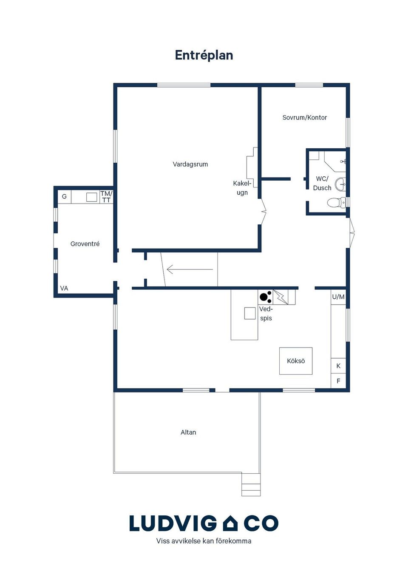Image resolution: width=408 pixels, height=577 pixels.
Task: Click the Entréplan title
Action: tap(204, 55)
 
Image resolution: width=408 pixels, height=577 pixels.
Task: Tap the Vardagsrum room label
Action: tap(190, 164)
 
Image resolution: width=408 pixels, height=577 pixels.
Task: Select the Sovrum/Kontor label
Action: tap(304, 117)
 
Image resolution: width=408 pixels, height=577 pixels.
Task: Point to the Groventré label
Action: tap(85, 244)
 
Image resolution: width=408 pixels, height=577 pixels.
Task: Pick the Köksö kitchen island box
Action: tap(296, 361)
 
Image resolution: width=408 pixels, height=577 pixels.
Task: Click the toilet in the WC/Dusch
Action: tap(337, 203)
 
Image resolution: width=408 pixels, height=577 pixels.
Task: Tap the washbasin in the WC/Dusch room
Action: tap(340, 184)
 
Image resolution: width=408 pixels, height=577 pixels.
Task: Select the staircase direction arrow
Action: tap(190, 269)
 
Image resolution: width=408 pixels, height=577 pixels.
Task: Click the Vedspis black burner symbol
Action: tap(266, 297)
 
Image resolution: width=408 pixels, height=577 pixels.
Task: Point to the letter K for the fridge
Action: tap(338, 366)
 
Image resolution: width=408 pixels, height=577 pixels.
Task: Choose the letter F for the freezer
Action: tap(338, 381)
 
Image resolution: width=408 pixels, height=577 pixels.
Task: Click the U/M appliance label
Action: tap(338, 297)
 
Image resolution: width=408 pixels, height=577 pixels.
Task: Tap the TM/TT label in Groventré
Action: tap(106, 197)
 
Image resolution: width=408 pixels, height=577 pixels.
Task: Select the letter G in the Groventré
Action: tap(65, 196)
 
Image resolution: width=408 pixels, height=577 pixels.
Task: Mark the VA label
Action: tap(64, 288)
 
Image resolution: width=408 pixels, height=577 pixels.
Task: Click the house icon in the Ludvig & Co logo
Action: tap(230, 523)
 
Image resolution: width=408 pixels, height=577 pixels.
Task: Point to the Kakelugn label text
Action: tap(242, 188)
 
